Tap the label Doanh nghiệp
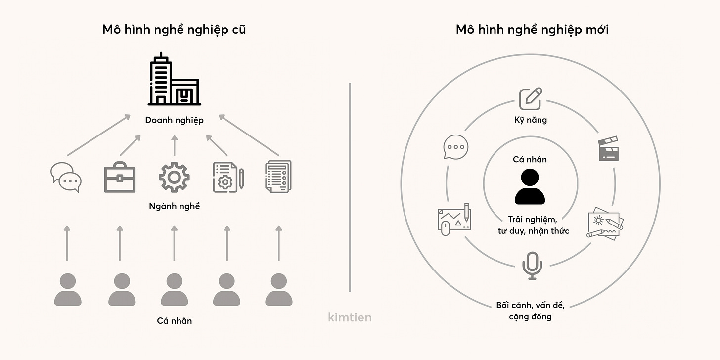(x=174, y=120)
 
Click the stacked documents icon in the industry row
(x=278, y=176)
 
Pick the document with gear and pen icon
(x=227, y=177)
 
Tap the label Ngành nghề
(x=174, y=206)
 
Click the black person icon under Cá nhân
(x=530, y=187)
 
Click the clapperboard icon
(x=608, y=149)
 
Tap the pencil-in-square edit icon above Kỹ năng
(x=530, y=98)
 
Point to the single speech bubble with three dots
(x=454, y=147)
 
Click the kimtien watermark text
(x=350, y=317)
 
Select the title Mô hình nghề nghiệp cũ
(x=174, y=30)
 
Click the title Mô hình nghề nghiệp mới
(x=532, y=30)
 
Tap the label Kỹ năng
(x=530, y=120)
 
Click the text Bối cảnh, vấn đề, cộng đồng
(x=530, y=311)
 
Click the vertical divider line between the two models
(x=350, y=188)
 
